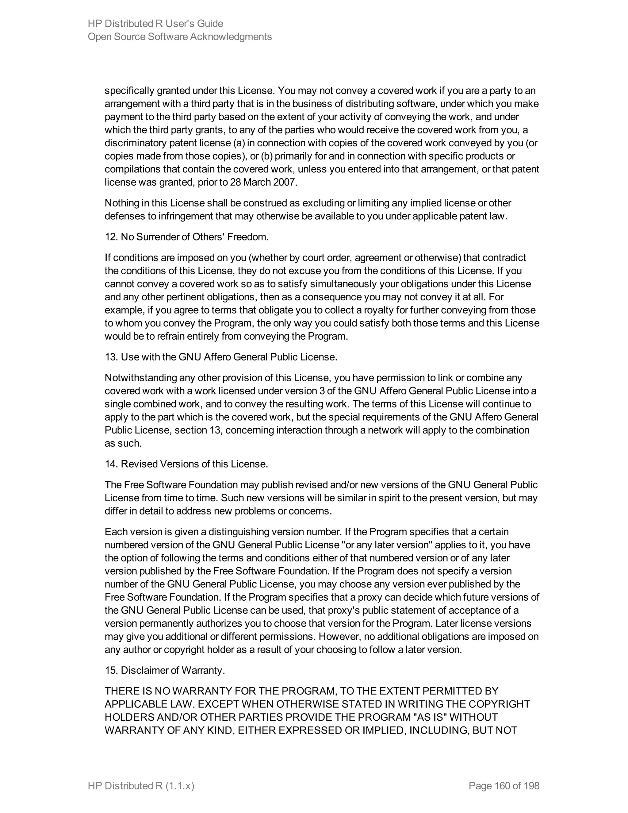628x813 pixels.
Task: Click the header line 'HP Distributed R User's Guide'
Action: (x=155, y=24)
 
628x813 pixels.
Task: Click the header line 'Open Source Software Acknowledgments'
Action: (x=180, y=37)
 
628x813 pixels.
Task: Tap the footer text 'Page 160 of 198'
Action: (x=504, y=786)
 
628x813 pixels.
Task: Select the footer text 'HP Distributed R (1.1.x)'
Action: (x=141, y=786)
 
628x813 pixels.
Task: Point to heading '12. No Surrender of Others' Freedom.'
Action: (x=186, y=237)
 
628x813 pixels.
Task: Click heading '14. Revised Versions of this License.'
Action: (x=186, y=464)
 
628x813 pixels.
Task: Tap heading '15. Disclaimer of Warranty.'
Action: (x=165, y=670)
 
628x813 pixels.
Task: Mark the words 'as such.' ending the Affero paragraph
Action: (x=123, y=443)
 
